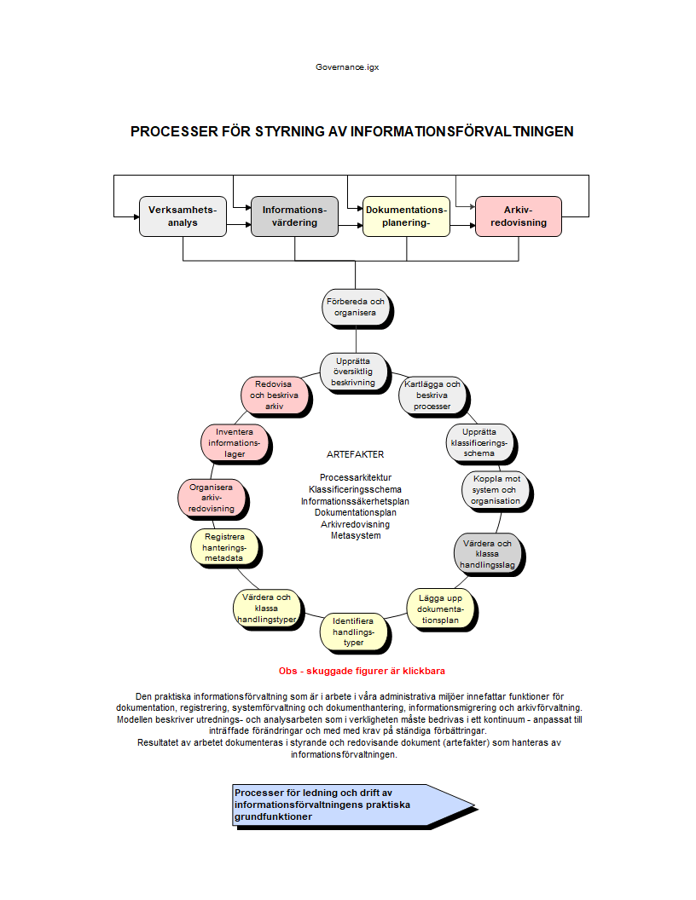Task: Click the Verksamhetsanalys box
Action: coord(183,216)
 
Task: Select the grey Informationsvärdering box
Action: coord(294,216)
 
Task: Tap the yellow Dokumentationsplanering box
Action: coord(406,216)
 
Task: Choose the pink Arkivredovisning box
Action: coord(518,216)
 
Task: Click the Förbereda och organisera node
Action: coord(355,307)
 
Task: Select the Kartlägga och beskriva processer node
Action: coord(432,395)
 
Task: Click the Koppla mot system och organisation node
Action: coord(495,490)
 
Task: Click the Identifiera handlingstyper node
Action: coord(353,632)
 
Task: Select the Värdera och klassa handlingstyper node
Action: coord(266,608)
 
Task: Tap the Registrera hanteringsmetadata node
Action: coord(223,548)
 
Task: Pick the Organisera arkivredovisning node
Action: coord(211,498)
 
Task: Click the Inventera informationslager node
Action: coord(235,442)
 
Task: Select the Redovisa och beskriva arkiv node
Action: coord(274,395)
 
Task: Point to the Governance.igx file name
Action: coord(347,66)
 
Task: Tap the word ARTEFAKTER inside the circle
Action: coord(355,454)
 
